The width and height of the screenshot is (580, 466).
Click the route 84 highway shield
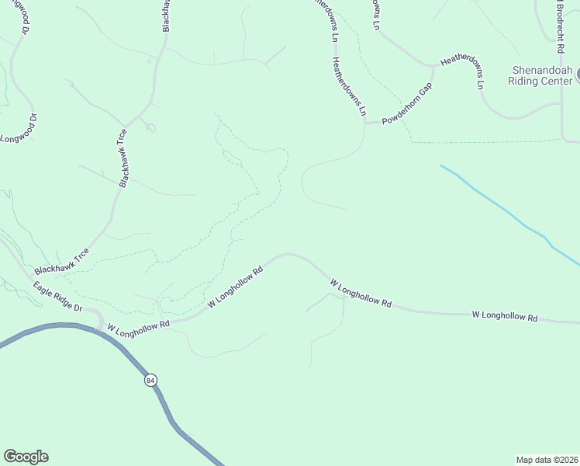[x=150, y=380]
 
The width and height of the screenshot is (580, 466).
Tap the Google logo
[x=26, y=457]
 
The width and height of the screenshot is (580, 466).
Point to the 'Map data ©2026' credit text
[x=547, y=460]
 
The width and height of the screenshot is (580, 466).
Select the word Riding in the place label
[x=523, y=79]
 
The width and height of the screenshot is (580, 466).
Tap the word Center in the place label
[x=556, y=79]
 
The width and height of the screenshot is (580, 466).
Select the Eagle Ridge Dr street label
[x=57, y=296]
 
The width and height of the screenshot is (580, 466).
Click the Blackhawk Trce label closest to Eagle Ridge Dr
[x=66, y=260]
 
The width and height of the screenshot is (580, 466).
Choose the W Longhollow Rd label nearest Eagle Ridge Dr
[x=139, y=326]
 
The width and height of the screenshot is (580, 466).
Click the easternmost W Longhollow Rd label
[x=505, y=316]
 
